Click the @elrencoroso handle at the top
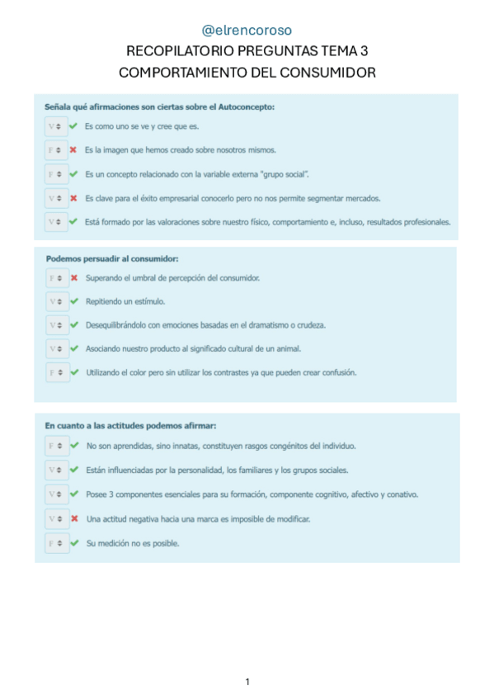pyautogui.click(x=247, y=31)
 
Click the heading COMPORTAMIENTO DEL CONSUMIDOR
pyautogui.click(x=247, y=73)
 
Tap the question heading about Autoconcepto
pyautogui.click(x=159, y=106)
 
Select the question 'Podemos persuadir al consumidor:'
pyautogui.click(x=111, y=258)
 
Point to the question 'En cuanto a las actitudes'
pyautogui.click(x=130, y=426)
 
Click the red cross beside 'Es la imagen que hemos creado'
pyautogui.click(x=73, y=150)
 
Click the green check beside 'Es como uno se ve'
pyautogui.click(x=73, y=126)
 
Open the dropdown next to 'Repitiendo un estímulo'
pyautogui.click(x=57, y=301)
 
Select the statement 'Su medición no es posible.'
pyautogui.click(x=132, y=543)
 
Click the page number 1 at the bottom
pyautogui.click(x=247, y=682)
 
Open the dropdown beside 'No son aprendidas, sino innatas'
pyautogui.click(x=56, y=446)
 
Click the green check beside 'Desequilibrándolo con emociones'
pyautogui.click(x=74, y=324)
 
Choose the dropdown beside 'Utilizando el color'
pyautogui.click(x=57, y=373)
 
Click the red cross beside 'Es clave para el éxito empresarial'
pyautogui.click(x=73, y=198)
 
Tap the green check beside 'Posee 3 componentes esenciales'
pyautogui.click(x=74, y=494)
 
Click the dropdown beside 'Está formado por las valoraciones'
pyautogui.click(x=56, y=222)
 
